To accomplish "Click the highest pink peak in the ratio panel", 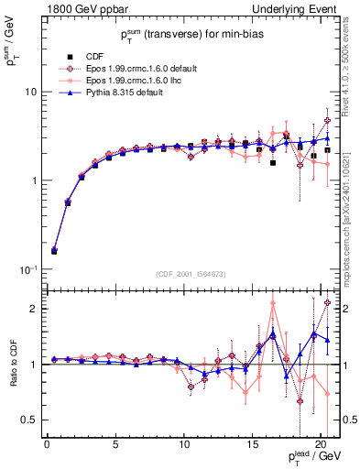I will tap(273, 303).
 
